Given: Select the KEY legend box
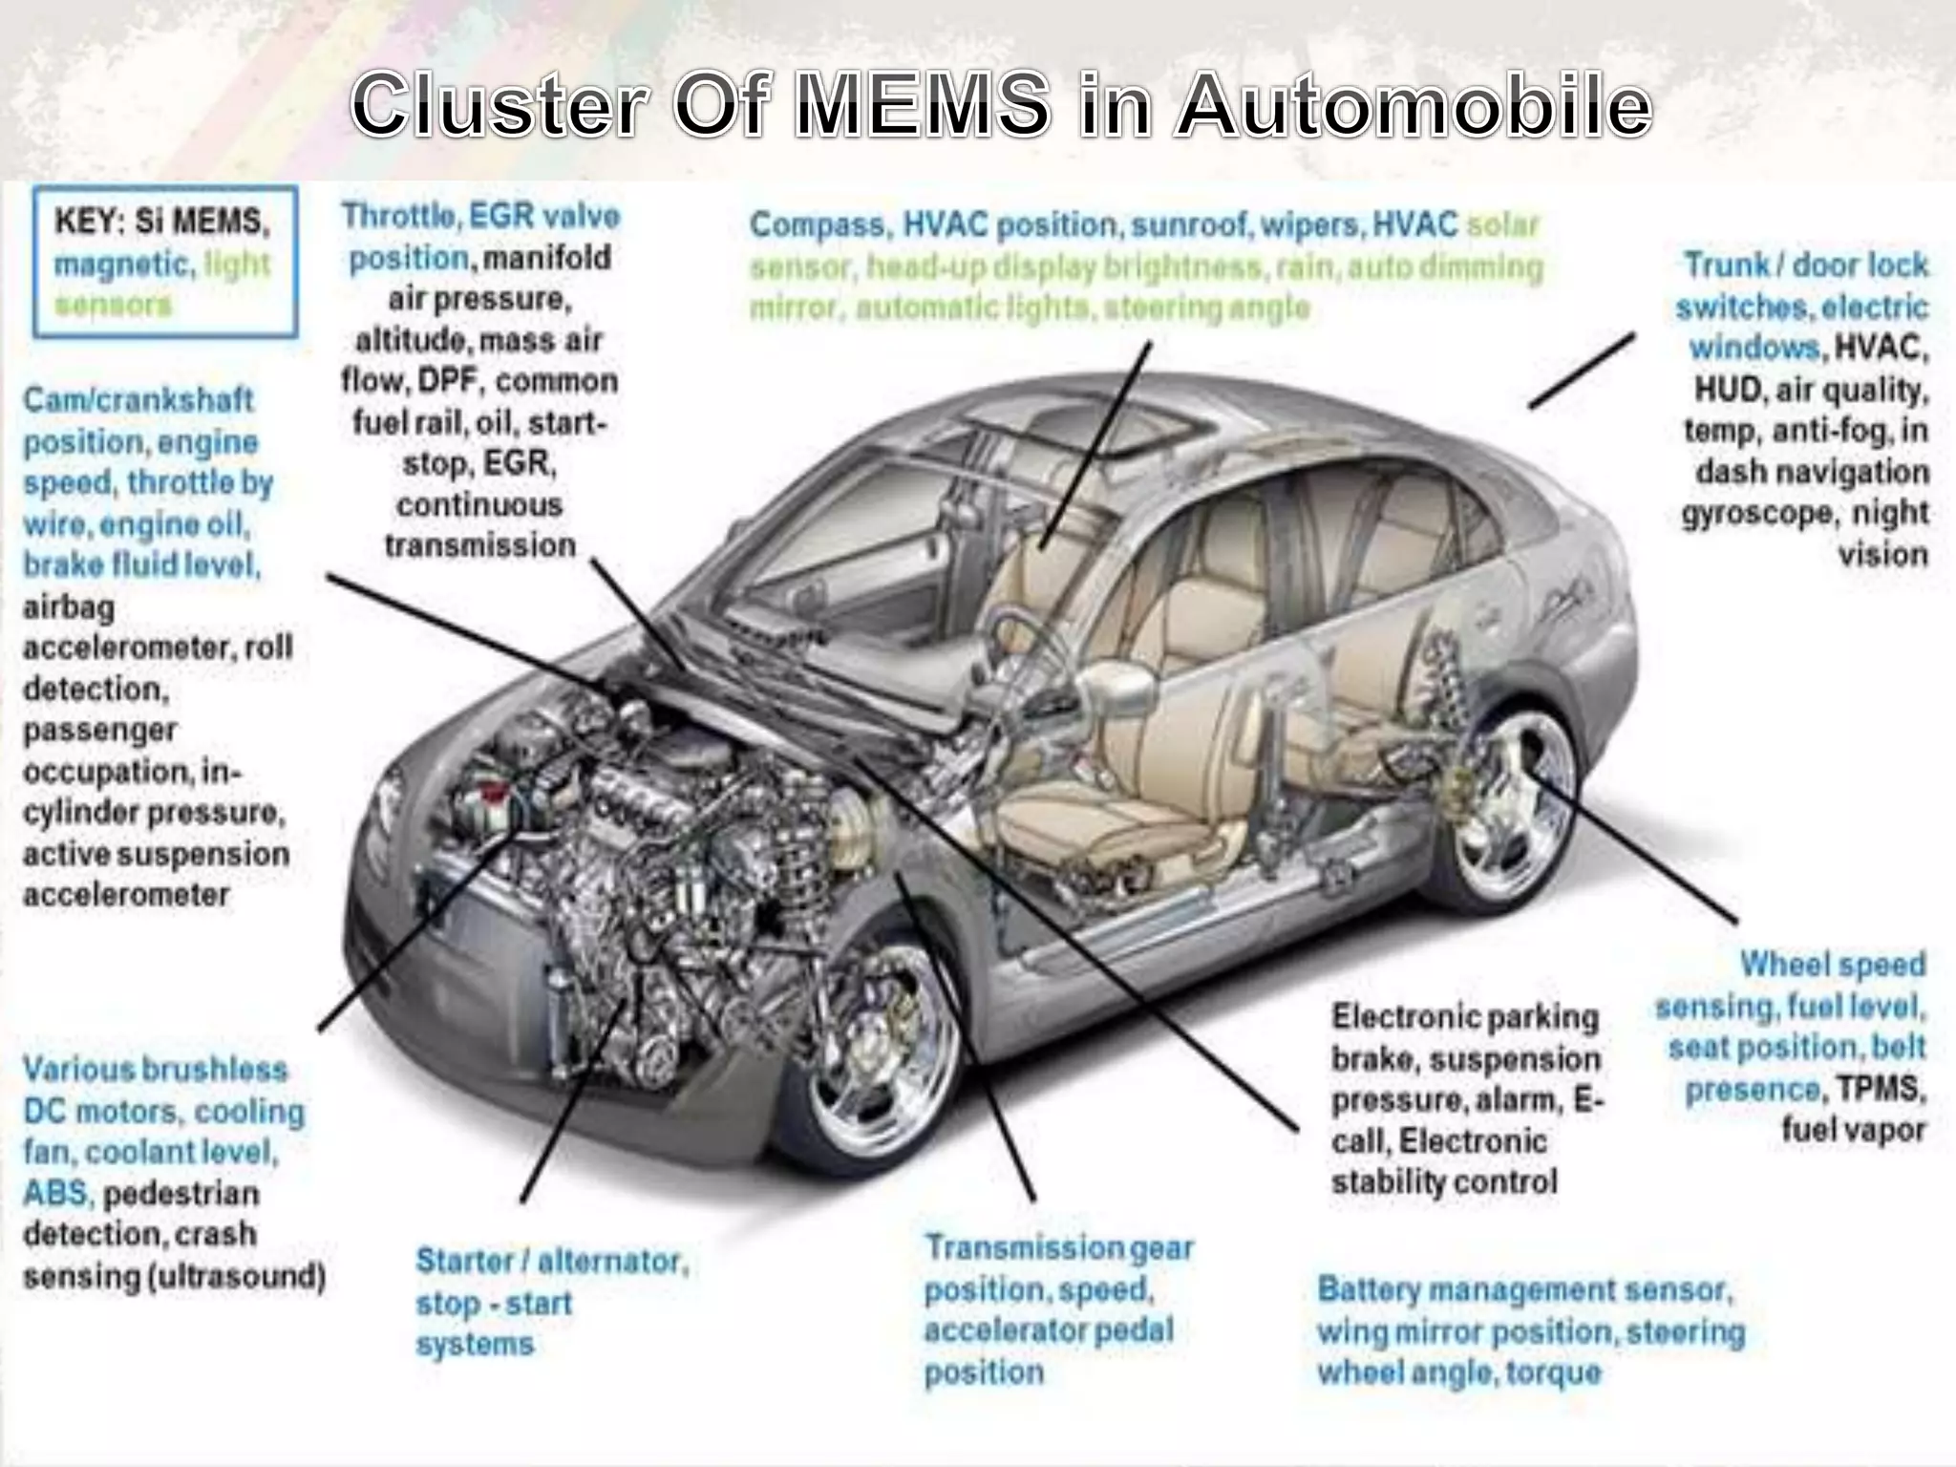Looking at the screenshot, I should [164, 262].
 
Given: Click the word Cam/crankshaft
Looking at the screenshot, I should [138, 399].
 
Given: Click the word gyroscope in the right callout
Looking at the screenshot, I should [1756, 514].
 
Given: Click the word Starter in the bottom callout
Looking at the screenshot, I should [465, 1262].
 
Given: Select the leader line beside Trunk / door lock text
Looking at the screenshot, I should [1582, 372].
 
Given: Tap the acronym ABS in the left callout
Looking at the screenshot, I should [55, 1194].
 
